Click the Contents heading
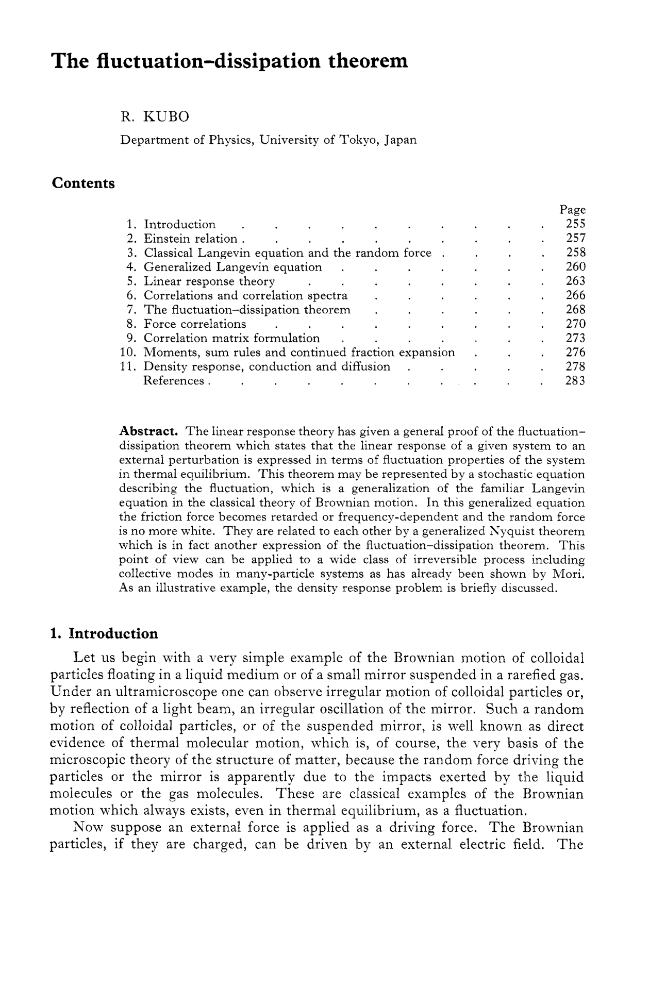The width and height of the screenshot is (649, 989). point(83,183)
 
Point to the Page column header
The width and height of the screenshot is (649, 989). point(573,210)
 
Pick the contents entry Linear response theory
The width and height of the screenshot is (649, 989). point(209,281)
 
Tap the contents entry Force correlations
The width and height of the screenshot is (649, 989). point(194,324)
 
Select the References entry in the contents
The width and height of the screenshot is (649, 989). point(173,381)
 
